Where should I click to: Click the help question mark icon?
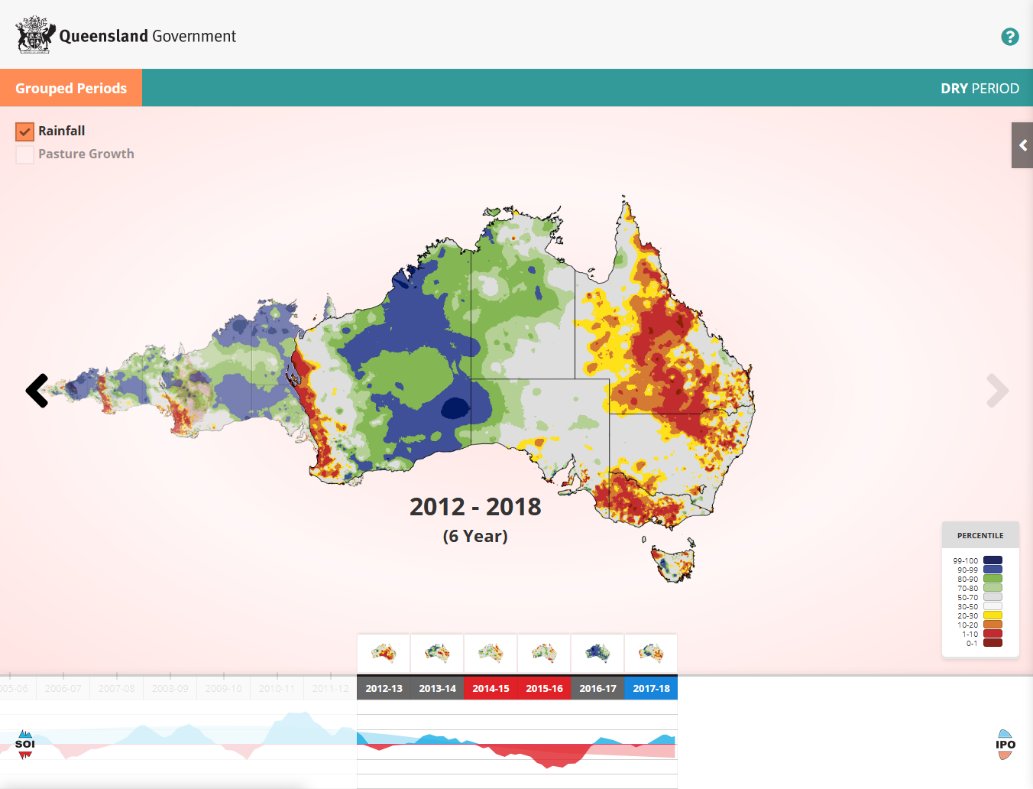point(1009,37)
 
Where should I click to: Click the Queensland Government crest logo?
point(35,35)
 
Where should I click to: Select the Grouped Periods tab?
point(71,88)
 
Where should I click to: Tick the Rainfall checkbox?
point(25,131)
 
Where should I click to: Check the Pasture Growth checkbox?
point(25,154)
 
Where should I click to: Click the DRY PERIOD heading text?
point(980,89)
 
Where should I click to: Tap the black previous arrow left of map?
point(37,391)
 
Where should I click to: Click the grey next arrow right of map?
point(997,391)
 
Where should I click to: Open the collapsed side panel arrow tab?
point(1022,145)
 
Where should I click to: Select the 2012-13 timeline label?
point(384,688)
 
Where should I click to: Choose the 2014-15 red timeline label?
point(491,688)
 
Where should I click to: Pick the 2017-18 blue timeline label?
point(651,688)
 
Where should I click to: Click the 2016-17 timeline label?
point(597,688)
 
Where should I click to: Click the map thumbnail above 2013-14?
point(437,653)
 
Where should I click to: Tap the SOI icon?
point(25,744)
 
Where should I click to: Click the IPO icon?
point(1005,745)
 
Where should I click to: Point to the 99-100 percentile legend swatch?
point(993,560)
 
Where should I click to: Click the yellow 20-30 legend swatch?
point(993,615)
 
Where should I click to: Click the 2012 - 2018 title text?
point(475,507)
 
